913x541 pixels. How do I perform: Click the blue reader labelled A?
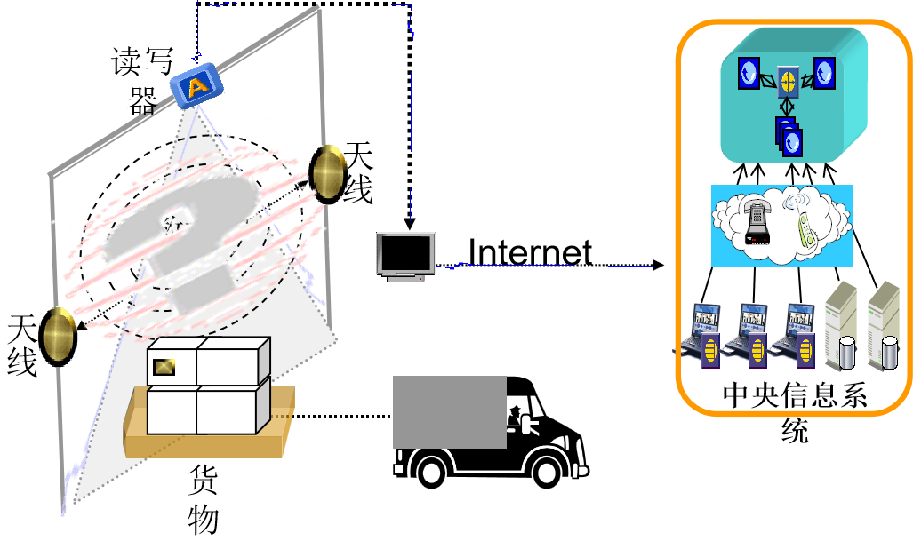point(196,86)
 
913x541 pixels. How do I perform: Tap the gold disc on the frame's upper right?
point(328,172)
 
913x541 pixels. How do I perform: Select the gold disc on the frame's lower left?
point(58,336)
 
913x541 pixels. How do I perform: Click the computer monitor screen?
point(405,253)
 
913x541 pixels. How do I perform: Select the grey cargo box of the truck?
point(449,411)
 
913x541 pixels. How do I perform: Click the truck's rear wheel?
point(431,468)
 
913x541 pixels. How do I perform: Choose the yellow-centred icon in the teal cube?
point(787,82)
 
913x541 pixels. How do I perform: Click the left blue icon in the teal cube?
point(749,72)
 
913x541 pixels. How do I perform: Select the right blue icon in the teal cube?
point(824,73)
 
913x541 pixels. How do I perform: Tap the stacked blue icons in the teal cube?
point(789,137)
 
